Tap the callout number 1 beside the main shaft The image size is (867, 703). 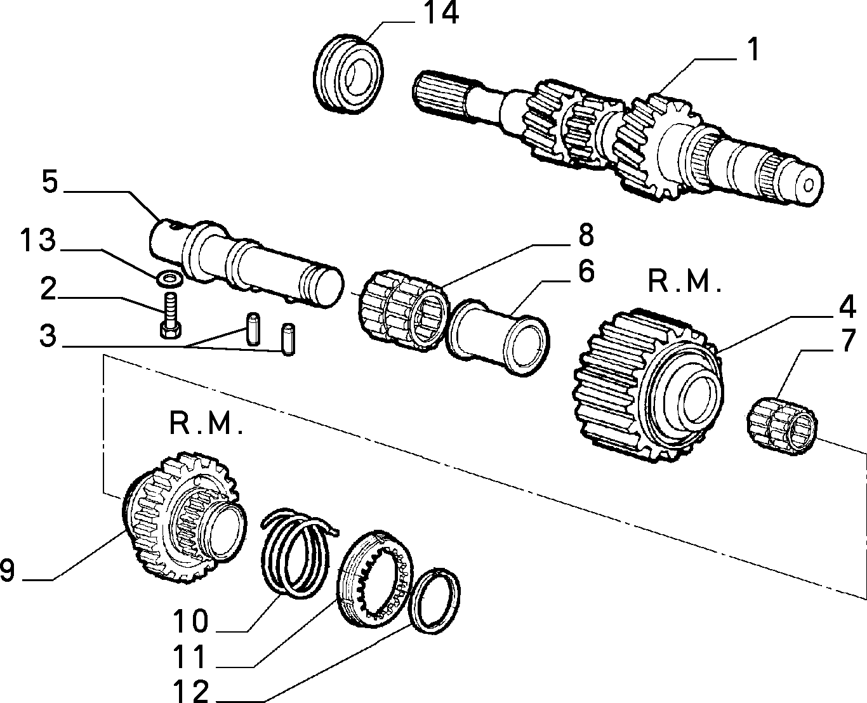754,49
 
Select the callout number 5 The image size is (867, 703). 50,182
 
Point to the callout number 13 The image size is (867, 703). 38,240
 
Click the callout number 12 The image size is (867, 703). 190,690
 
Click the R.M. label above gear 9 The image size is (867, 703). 206,423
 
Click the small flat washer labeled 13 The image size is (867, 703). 169,279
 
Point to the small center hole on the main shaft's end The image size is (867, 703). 808,186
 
